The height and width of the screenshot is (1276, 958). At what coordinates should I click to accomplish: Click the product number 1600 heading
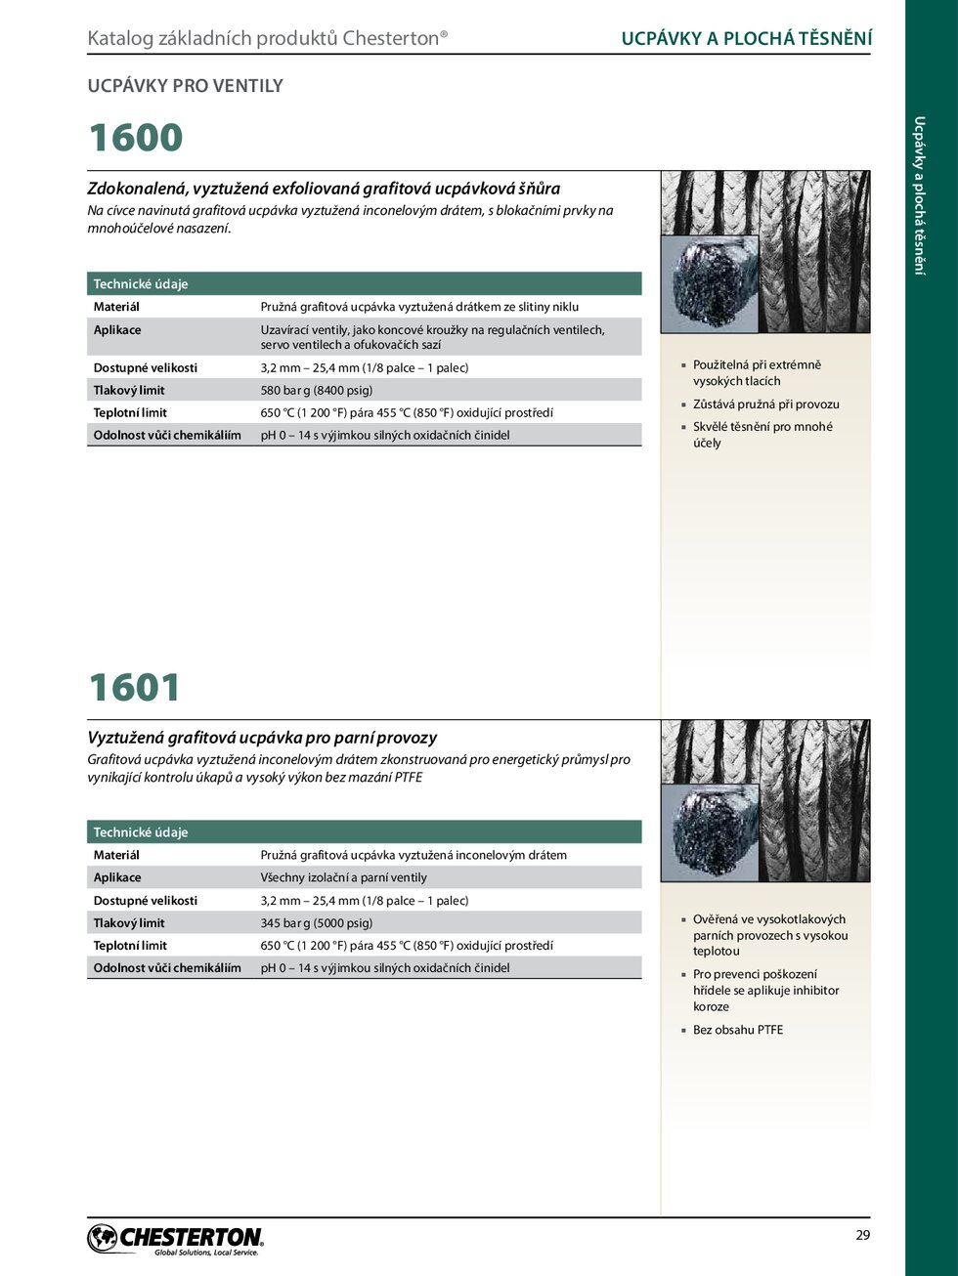click(x=136, y=138)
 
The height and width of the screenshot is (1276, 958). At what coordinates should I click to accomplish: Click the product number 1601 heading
click(x=135, y=687)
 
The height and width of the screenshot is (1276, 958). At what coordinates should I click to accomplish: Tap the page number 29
click(x=862, y=1235)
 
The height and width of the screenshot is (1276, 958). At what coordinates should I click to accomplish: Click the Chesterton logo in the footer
click(x=176, y=1239)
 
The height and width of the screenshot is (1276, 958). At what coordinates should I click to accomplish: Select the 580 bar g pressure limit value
click(x=316, y=390)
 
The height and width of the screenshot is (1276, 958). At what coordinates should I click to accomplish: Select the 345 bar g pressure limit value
click(x=316, y=922)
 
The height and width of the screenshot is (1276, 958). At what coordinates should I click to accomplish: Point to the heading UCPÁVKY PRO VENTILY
click(x=185, y=86)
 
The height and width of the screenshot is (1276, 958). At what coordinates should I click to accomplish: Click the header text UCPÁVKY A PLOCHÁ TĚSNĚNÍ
click(x=747, y=39)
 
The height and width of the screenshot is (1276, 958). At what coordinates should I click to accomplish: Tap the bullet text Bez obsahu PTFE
click(x=737, y=1030)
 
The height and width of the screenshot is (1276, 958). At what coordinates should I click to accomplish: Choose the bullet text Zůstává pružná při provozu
click(x=765, y=404)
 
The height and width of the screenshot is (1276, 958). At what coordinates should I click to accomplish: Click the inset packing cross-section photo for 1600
click(x=711, y=283)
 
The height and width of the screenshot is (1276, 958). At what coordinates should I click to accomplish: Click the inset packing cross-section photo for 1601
click(x=711, y=832)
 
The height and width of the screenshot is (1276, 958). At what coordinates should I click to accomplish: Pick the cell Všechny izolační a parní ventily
click(x=343, y=877)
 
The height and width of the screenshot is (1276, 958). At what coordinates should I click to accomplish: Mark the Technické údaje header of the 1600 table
click(x=141, y=284)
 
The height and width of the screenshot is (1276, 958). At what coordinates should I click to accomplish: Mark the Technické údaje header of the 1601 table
click(x=141, y=832)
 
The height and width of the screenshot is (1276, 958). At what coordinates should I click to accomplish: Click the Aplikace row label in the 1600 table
click(x=117, y=330)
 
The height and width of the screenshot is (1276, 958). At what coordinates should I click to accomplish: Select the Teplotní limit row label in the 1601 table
click(x=130, y=945)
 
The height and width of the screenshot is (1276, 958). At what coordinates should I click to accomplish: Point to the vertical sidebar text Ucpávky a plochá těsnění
click(x=919, y=195)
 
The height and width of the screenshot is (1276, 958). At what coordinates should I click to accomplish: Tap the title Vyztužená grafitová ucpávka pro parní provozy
click(x=262, y=738)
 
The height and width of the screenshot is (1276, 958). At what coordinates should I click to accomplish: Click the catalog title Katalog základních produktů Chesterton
click(x=267, y=39)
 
